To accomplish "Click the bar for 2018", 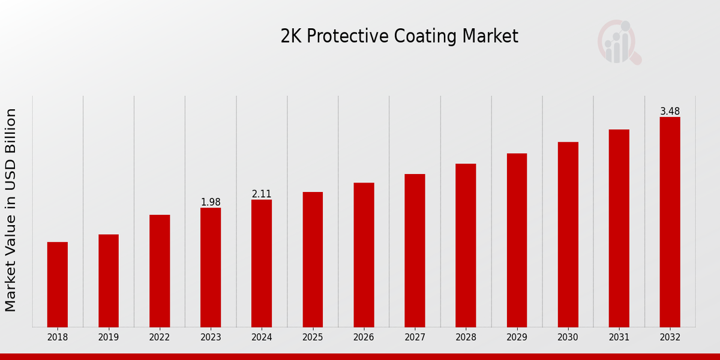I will [58, 284].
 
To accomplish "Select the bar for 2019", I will [109, 281].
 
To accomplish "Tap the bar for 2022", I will [160, 271].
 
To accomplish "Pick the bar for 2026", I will [364, 255].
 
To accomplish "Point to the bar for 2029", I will [517, 240].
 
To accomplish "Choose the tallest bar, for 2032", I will [670, 222].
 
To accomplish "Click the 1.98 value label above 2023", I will [211, 202].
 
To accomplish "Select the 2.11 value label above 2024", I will [262, 194].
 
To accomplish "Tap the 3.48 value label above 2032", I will [670, 112].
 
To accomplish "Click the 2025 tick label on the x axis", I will [313, 338].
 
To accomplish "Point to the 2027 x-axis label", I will [415, 338].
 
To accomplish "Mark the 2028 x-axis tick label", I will [466, 338].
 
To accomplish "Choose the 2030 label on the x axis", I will [568, 338].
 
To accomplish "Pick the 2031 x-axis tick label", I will [619, 338].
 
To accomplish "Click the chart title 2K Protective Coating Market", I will [399, 36].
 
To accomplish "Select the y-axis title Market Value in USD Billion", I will [11, 210].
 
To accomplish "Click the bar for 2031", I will [619, 228].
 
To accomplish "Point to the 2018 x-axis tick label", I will [58, 338].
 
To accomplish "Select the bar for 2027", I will [415, 250].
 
